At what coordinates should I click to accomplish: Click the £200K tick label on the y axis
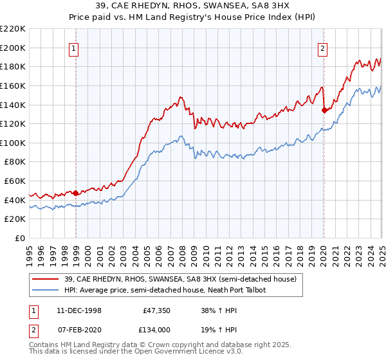(13, 48)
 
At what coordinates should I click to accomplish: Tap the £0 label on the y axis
(21, 238)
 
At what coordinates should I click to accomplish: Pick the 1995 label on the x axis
(30, 251)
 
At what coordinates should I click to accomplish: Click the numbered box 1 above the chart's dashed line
(75, 48)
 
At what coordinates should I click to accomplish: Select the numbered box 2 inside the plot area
(322, 48)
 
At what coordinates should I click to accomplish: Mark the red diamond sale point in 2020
(324, 110)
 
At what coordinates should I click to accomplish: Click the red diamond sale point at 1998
(76, 192)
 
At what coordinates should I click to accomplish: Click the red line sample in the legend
(45, 280)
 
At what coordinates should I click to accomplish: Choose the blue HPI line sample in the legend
(45, 291)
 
